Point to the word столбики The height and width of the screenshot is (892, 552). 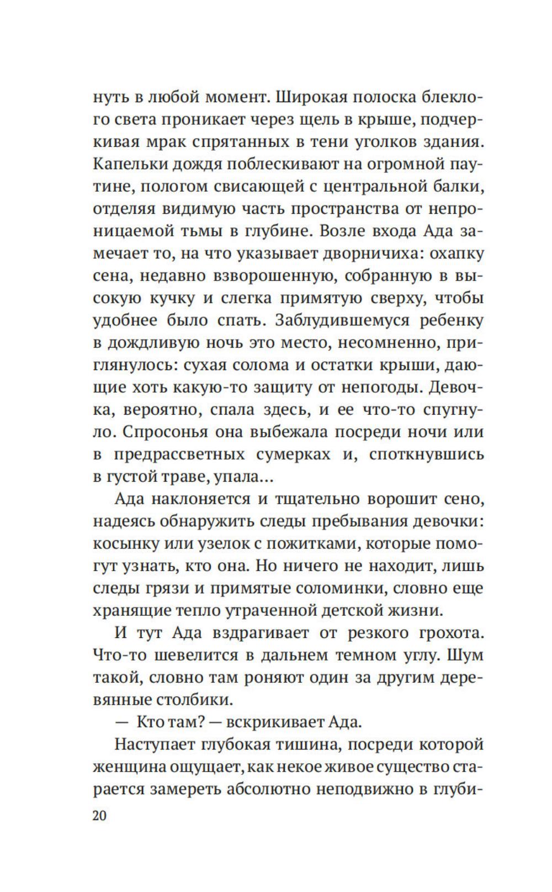(192, 700)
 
